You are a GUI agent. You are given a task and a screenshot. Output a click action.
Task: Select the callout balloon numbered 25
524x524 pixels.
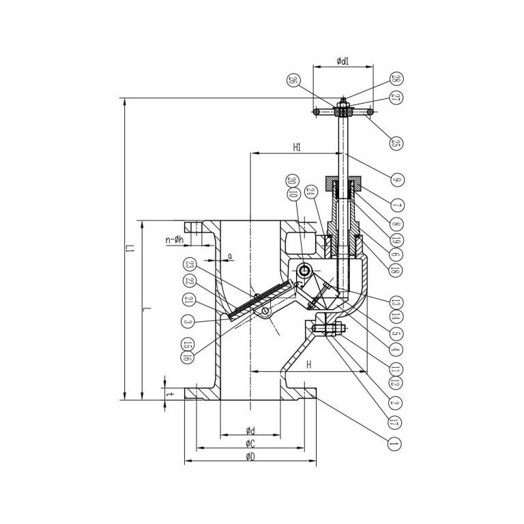tap(394, 143)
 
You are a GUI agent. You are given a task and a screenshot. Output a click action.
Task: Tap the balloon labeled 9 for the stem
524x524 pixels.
tap(394, 180)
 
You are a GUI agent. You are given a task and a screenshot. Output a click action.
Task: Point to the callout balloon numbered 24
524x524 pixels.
tap(311, 192)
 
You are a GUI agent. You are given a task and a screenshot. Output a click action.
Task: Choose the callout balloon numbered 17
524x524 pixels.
tap(394, 422)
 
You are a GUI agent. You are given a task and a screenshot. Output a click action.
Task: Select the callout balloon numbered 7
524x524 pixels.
tap(394, 205)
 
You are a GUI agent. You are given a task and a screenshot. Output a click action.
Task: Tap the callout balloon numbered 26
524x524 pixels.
tap(293, 80)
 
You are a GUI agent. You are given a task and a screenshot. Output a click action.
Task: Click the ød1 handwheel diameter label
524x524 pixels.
tap(343, 61)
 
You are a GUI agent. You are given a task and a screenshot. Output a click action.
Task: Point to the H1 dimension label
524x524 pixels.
tap(297, 147)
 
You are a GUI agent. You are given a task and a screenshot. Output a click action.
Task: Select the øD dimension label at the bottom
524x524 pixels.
tap(250, 456)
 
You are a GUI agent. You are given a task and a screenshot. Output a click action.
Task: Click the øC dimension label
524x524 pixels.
tap(250, 443)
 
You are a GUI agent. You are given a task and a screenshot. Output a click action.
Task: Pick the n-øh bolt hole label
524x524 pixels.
tap(176, 239)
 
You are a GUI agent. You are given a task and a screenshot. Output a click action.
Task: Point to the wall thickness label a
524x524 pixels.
tap(231, 256)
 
